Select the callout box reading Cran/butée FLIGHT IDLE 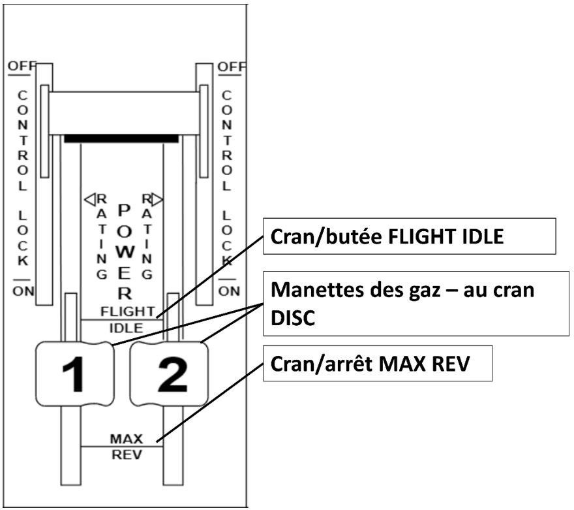(409, 236)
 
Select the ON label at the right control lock (229, 291)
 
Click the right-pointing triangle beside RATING (157, 199)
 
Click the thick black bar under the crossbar (121, 138)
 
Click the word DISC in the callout (288, 319)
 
